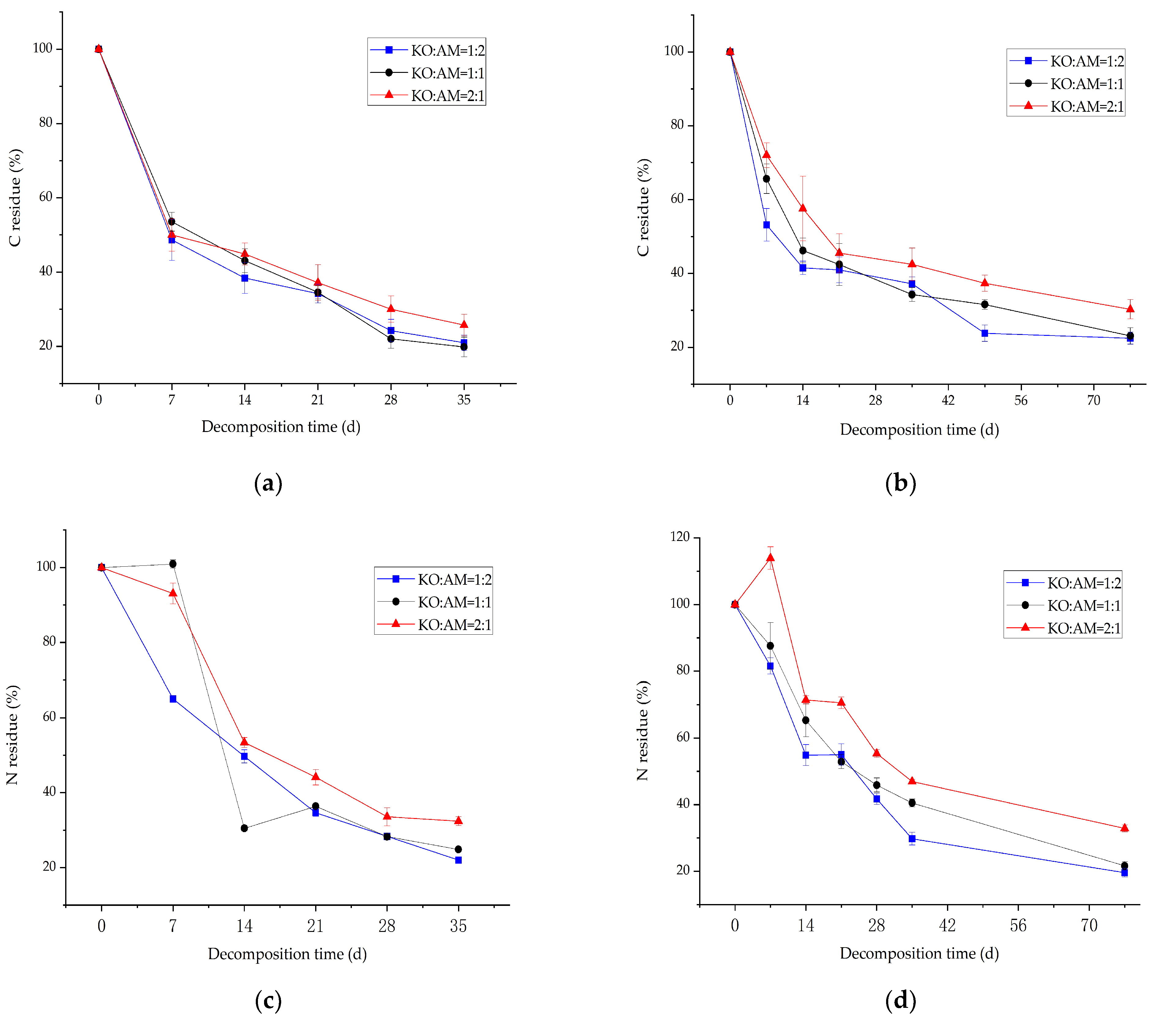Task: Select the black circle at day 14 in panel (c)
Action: [244, 828]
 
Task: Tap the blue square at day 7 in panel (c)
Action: [173, 699]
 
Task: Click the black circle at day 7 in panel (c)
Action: [173, 564]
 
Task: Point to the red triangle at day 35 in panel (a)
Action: [464, 324]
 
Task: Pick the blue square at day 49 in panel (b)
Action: [985, 333]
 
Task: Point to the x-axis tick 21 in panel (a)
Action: [318, 400]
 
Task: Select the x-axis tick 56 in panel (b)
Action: [1021, 400]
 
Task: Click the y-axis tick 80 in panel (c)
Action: [50, 642]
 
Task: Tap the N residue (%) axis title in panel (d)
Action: [643, 731]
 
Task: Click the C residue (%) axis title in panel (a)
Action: [15, 198]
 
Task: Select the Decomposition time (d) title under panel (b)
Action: [919, 430]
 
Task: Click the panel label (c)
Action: [268, 1001]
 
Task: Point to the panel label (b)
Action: [900, 483]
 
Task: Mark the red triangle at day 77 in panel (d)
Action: [1124, 828]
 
